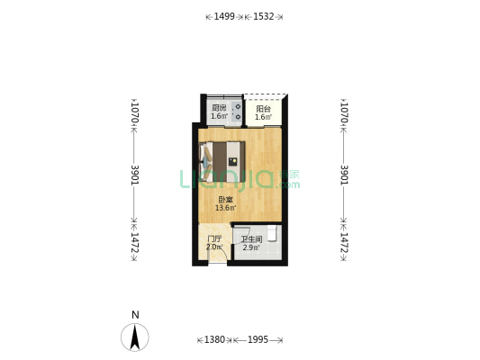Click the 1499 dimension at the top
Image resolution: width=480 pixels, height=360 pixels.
[x=224, y=16]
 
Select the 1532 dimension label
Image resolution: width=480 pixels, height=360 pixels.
[x=263, y=16]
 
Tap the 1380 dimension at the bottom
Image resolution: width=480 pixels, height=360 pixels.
[x=214, y=339]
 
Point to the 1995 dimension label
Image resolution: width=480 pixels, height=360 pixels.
[x=258, y=339]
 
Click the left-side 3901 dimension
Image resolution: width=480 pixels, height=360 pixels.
[x=135, y=175]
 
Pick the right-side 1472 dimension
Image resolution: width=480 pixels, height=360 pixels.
[x=345, y=242]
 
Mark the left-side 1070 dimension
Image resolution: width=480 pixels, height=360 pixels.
[x=135, y=112]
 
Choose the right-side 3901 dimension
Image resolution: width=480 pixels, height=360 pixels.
[x=345, y=175]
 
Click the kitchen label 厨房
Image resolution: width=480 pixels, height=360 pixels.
[x=219, y=108]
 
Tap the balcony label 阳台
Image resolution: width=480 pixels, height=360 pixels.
[x=263, y=109]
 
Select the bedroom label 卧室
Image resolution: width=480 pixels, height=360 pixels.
[x=226, y=200]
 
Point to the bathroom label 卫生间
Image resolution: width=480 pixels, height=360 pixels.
[x=251, y=239]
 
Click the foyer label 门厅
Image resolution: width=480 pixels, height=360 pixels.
[x=214, y=238]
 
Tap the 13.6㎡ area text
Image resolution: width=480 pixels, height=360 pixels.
[x=226, y=208]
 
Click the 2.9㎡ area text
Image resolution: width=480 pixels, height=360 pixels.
[x=251, y=247]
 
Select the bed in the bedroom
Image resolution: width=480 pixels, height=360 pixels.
[x=222, y=161]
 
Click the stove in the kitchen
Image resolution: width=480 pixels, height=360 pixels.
[x=237, y=112]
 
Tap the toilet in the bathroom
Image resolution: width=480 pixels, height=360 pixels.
[x=272, y=234]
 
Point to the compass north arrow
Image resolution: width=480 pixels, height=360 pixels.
[x=135, y=337]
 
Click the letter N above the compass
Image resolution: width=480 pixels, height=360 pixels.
[x=135, y=315]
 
